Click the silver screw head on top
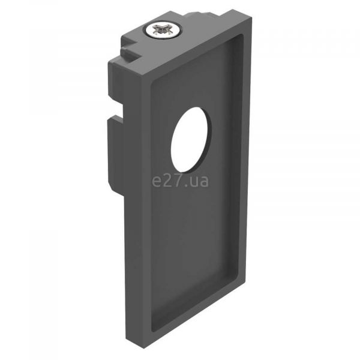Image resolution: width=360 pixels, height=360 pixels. coord(163,31)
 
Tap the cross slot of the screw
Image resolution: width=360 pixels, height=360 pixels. coord(163,30)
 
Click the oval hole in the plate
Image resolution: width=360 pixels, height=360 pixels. coord(190,140)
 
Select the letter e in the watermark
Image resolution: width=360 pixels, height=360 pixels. coord(157,181)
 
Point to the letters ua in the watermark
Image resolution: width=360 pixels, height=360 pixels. coord(199,181)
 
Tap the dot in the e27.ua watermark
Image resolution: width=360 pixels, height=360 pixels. coord(185,185)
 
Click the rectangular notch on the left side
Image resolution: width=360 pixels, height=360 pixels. coord(116,110)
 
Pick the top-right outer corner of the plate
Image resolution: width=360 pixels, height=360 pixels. coord(252,17)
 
